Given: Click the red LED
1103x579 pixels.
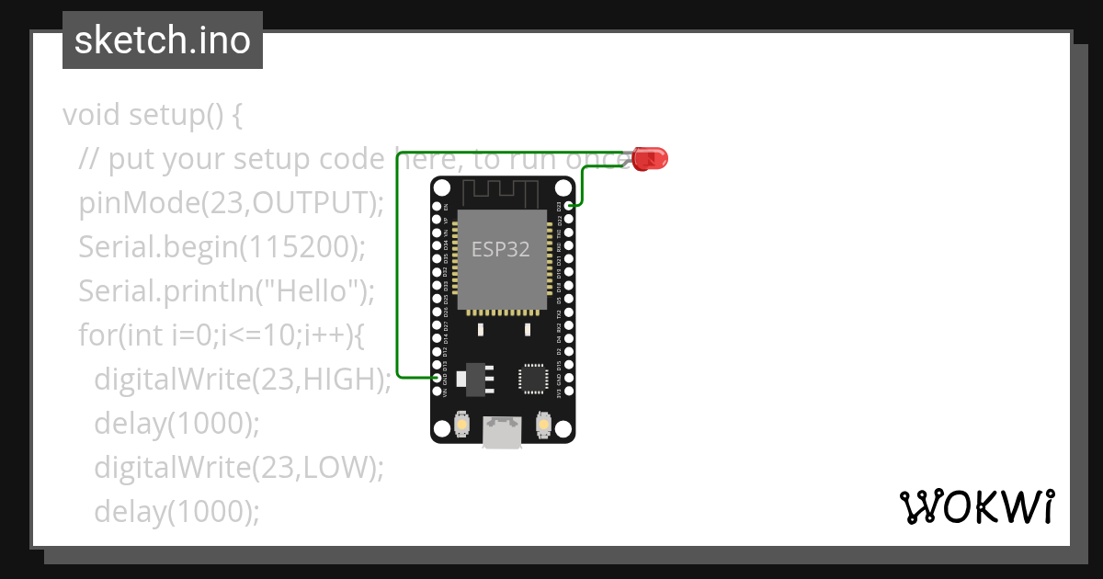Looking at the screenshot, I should coord(652,158).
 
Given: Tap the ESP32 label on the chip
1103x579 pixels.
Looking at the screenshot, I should coord(501,248).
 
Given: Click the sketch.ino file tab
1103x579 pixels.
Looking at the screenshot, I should coord(163,40).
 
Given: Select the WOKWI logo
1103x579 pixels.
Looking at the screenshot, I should coord(976,506).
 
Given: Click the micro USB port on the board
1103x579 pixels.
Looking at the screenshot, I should coord(503,433).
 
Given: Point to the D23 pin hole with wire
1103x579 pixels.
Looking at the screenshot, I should coord(570,206).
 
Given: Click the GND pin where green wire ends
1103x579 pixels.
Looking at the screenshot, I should coord(437,378).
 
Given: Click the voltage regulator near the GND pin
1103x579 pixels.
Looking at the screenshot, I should coord(475,376).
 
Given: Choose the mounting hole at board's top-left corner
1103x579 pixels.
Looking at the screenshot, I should coord(442,188).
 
